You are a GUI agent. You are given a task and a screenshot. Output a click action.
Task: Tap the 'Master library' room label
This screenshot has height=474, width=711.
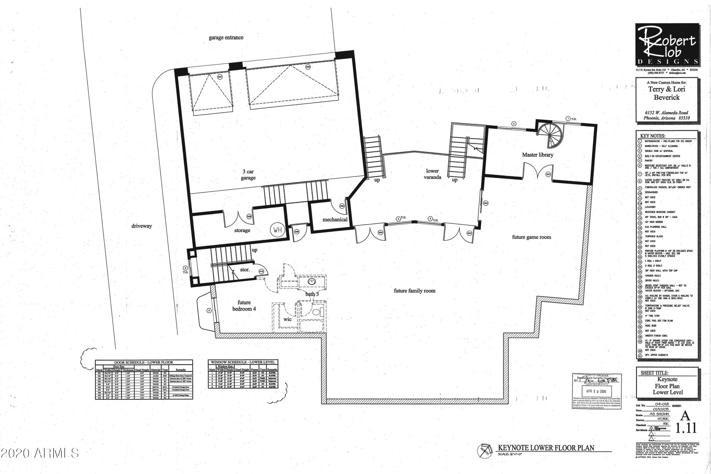tap(538, 155)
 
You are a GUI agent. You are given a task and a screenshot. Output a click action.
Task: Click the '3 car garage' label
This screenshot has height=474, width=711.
tap(248, 175)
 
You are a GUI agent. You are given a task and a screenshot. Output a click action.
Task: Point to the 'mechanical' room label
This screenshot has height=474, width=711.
tap(335, 219)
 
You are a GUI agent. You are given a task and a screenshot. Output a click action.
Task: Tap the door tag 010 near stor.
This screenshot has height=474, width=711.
tap(261, 271)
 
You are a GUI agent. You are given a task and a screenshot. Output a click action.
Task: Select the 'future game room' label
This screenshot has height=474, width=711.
tap(531, 237)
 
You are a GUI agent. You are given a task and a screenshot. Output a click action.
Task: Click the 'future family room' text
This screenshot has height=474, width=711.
tap(415, 291)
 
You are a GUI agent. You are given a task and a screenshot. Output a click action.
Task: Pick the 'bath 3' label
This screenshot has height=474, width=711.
tap(312, 294)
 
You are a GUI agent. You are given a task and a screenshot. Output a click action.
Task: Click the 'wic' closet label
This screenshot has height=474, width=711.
tap(287, 319)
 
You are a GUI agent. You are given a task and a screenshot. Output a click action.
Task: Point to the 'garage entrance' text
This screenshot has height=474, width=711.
tap(226, 37)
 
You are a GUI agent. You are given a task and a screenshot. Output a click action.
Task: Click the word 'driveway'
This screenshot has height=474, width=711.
tap(141, 226)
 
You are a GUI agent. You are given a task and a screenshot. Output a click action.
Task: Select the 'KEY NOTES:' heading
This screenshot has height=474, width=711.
tap(653, 136)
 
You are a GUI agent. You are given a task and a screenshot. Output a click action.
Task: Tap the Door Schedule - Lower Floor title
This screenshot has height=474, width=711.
tap(144, 362)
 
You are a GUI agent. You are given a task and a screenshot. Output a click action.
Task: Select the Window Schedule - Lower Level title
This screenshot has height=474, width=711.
tap(243, 362)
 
